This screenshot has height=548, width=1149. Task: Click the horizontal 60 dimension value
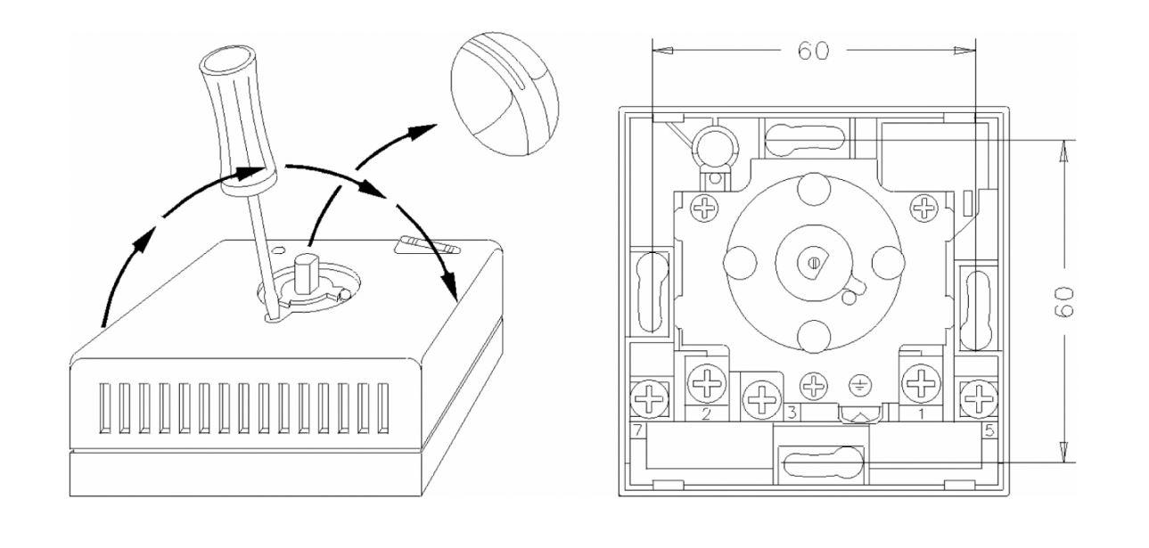click(x=813, y=52)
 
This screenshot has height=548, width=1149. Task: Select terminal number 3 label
click(x=790, y=414)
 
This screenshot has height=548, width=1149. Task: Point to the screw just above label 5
click(x=981, y=398)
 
